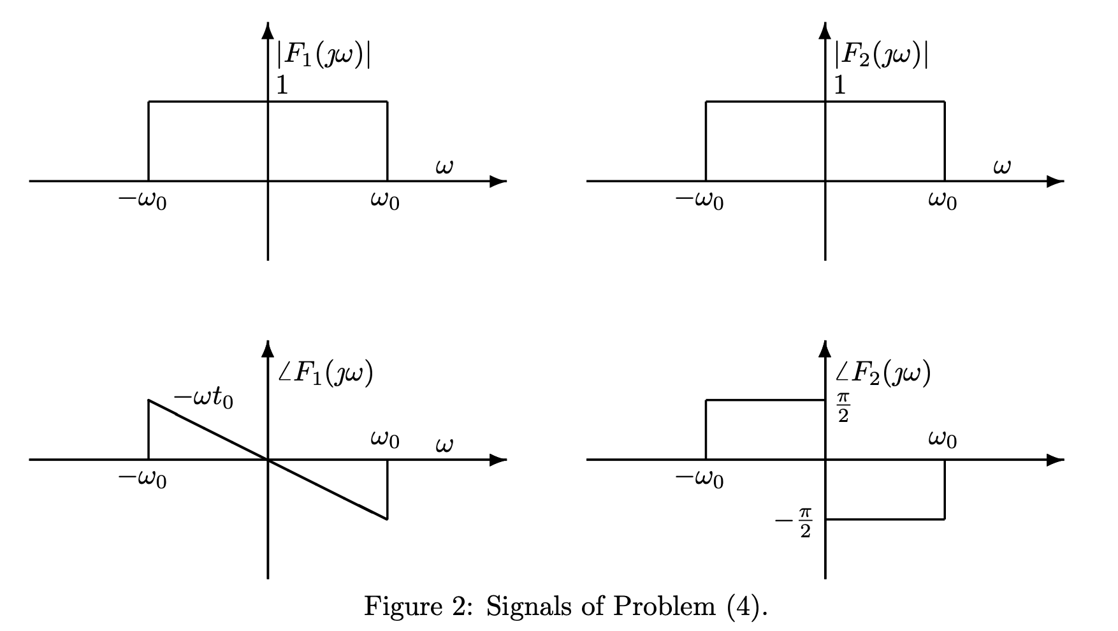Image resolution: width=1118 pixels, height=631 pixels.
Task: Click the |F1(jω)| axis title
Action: [324, 56]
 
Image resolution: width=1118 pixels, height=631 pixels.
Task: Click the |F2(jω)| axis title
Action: [882, 56]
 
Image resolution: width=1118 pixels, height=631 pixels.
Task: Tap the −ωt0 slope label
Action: [204, 399]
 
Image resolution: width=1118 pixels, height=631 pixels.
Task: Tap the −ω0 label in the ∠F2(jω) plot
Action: [700, 479]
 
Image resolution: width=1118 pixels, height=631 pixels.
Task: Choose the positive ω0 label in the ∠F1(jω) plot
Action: [385, 440]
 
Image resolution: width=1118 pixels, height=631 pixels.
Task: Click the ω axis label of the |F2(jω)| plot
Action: [1001, 168]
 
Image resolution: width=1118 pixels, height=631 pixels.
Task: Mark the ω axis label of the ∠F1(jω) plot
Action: [444, 445]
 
